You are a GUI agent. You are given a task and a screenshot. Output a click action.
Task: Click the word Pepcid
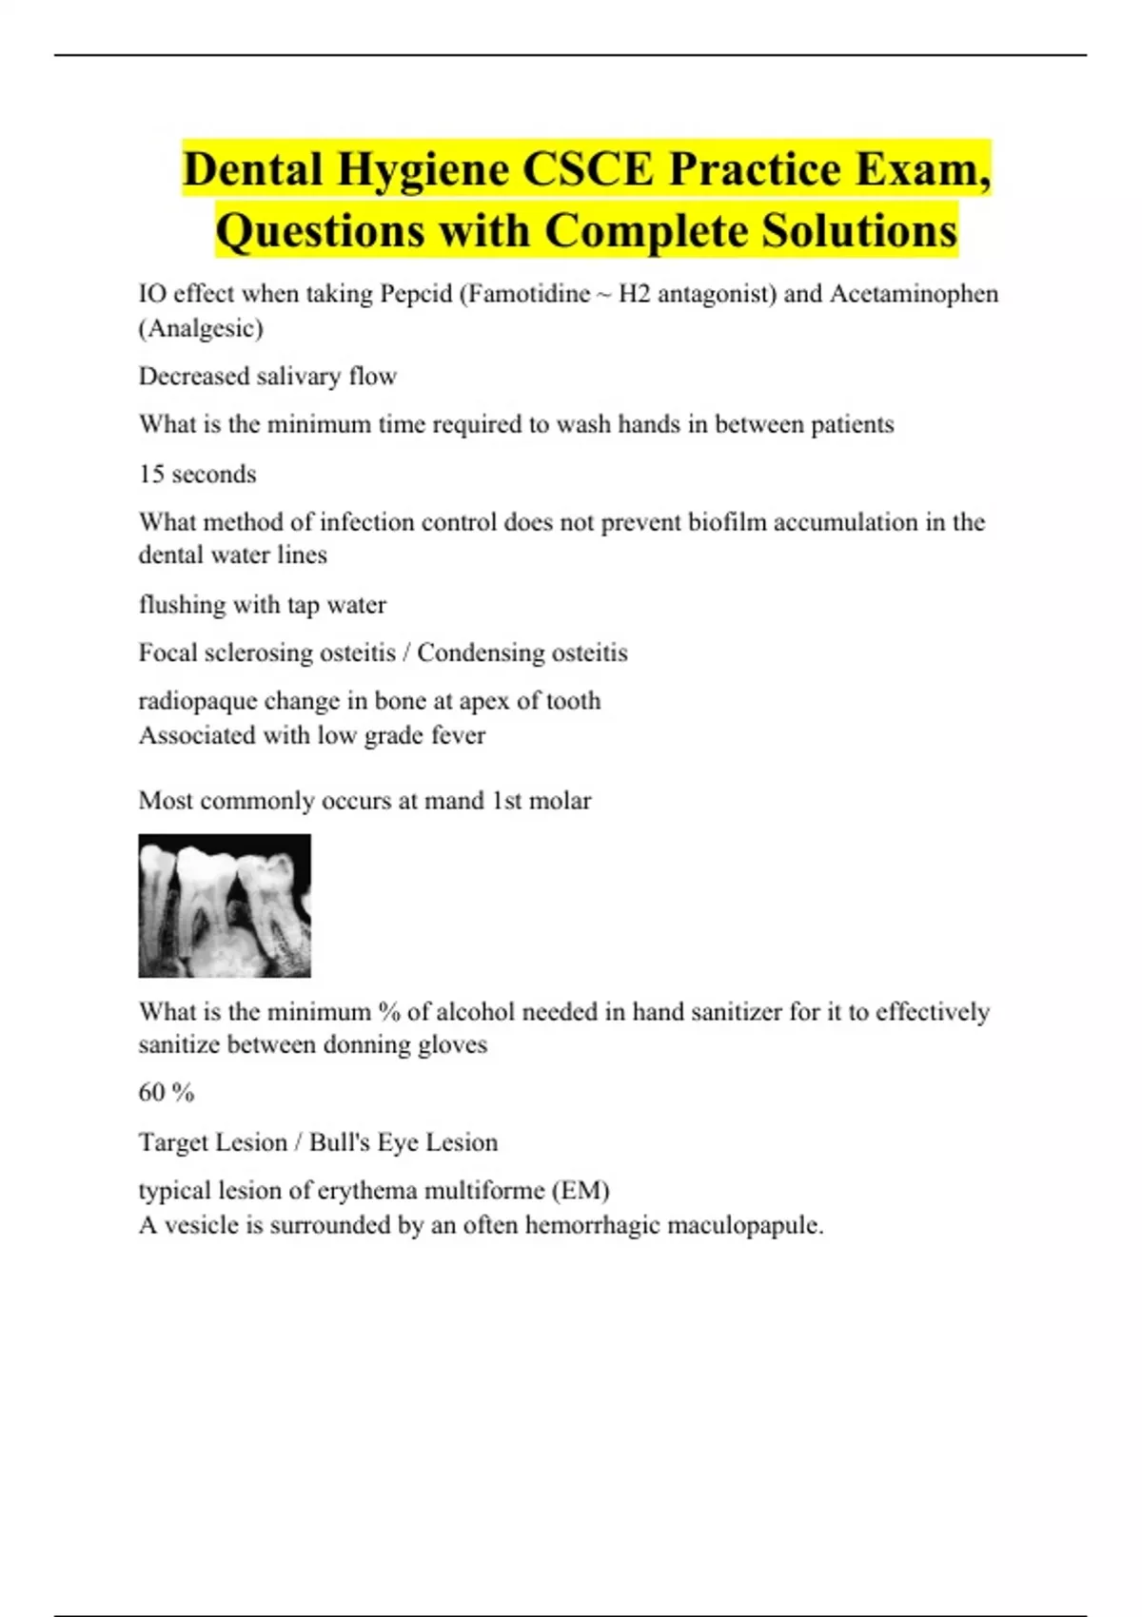coord(416,294)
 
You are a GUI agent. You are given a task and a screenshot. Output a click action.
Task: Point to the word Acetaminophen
coord(914,294)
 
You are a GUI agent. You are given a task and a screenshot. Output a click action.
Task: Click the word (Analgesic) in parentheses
coord(201,328)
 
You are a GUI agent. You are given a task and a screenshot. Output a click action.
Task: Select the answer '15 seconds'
coord(197,474)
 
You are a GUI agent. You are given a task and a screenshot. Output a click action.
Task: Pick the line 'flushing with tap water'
coord(262,605)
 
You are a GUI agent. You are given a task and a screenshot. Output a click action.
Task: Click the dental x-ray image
coord(225,906)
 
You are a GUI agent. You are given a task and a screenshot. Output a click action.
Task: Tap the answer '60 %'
coord(167,1093)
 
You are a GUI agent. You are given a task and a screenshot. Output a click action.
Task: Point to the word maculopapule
coord(744,1225)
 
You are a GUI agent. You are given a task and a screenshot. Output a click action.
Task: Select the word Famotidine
coord(532,294)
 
